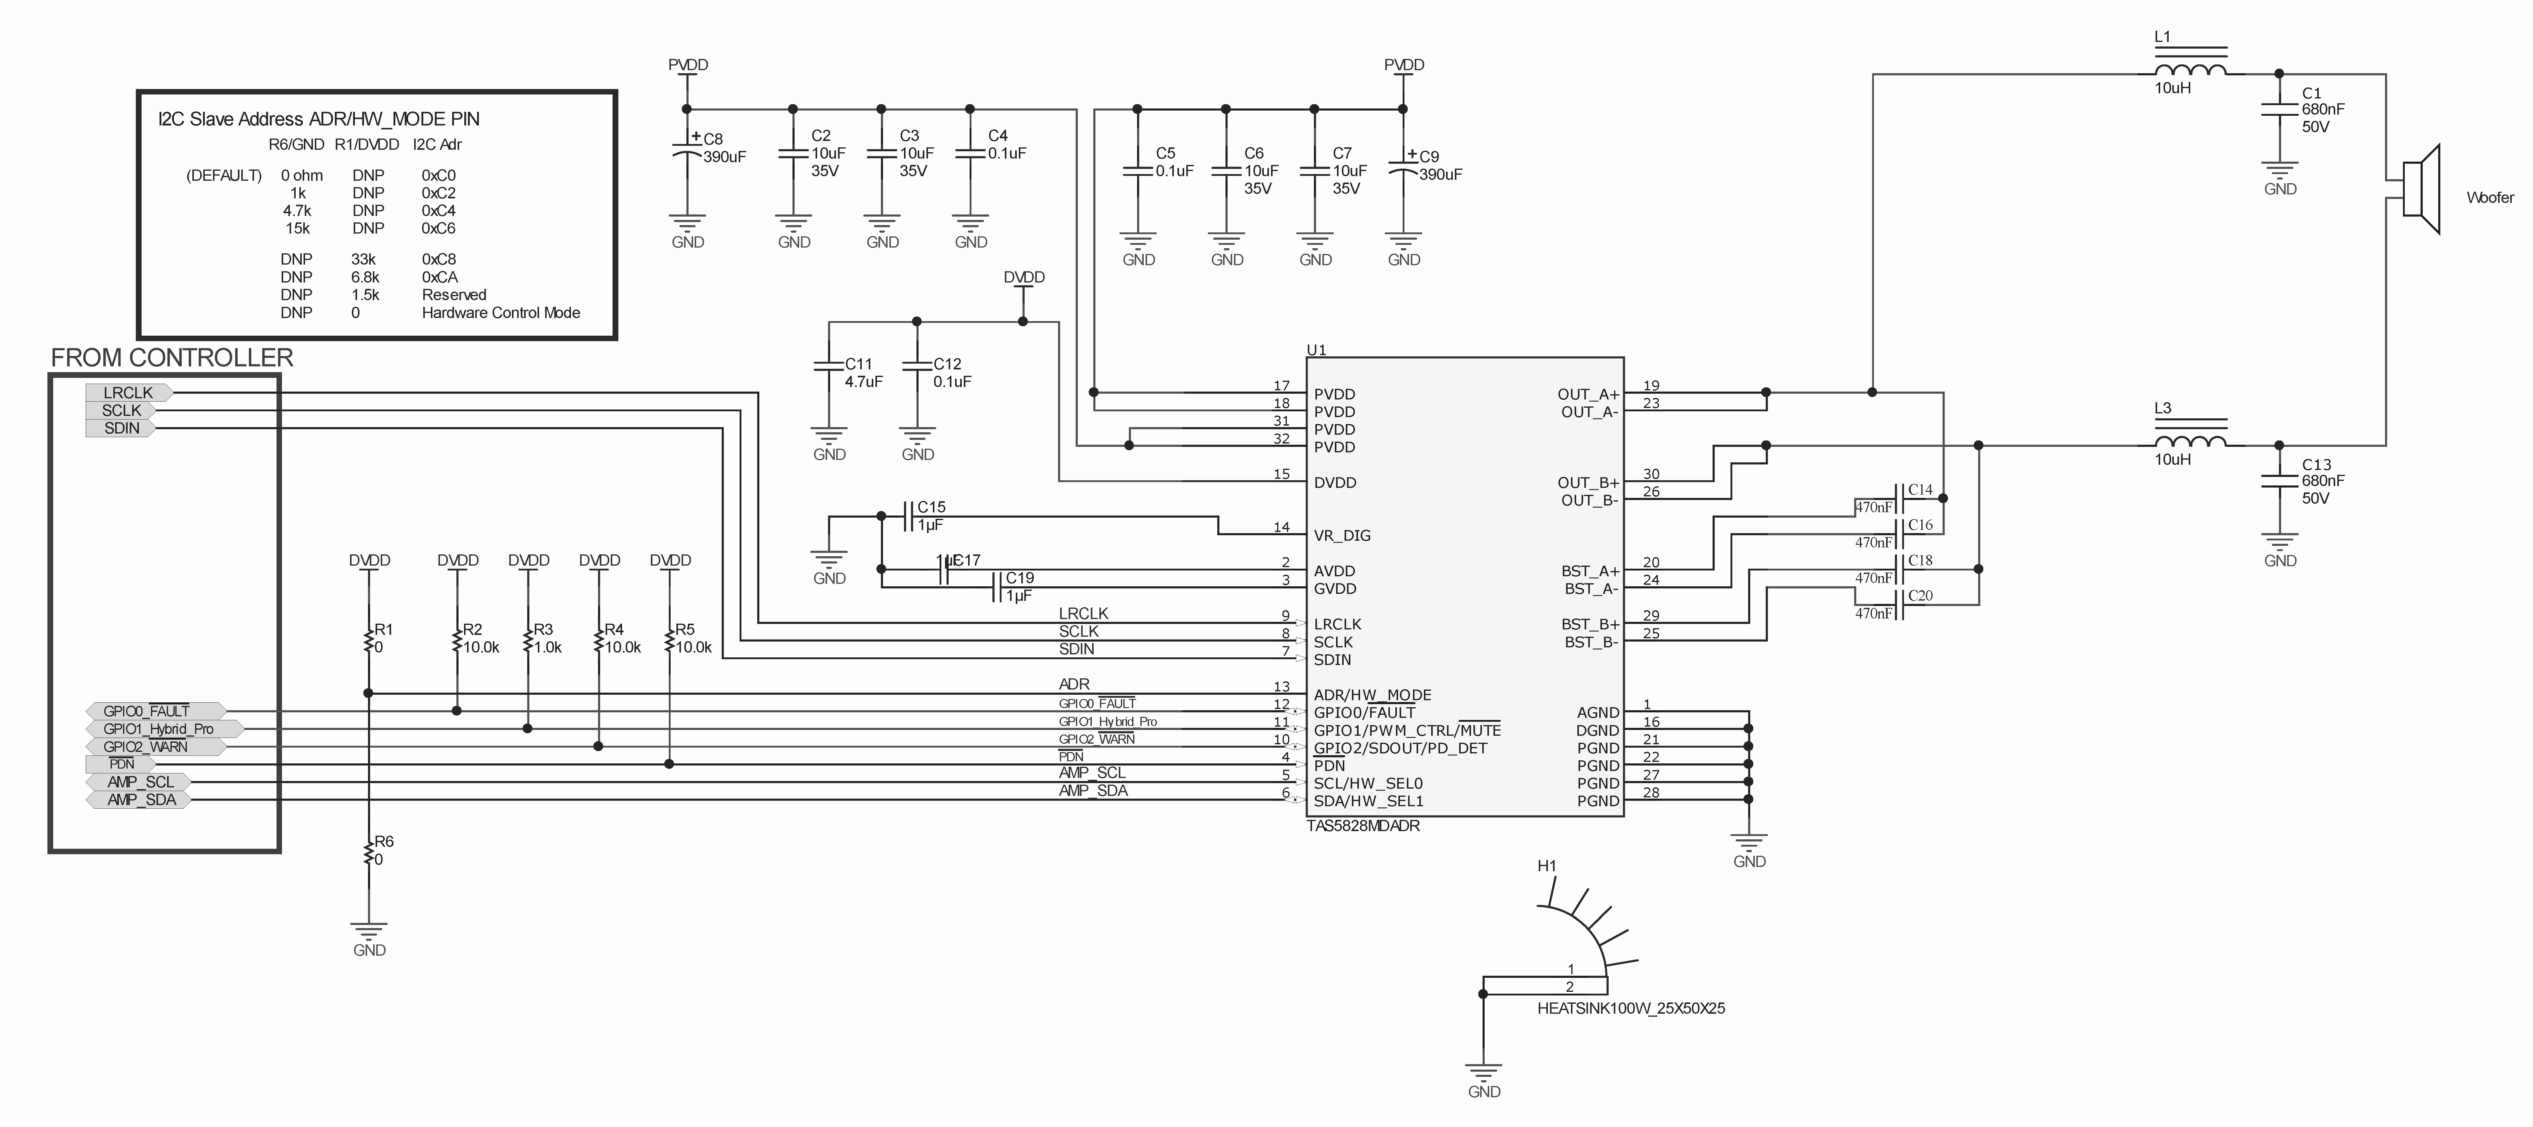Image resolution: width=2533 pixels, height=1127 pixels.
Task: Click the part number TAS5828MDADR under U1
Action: pos(1363,826)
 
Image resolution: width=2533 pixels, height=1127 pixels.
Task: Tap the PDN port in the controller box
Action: pos(122,764)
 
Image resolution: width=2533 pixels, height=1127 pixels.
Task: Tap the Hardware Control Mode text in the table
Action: pos(500,313)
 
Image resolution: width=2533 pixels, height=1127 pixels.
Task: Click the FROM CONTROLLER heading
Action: pos(172,358)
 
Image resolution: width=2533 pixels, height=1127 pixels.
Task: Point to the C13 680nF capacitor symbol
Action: pos(2279,481)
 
